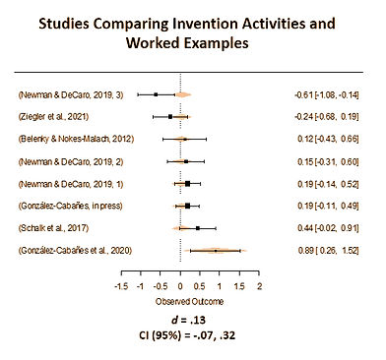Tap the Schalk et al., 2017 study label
[54, 228]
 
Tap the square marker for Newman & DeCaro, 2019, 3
[156, 94]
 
